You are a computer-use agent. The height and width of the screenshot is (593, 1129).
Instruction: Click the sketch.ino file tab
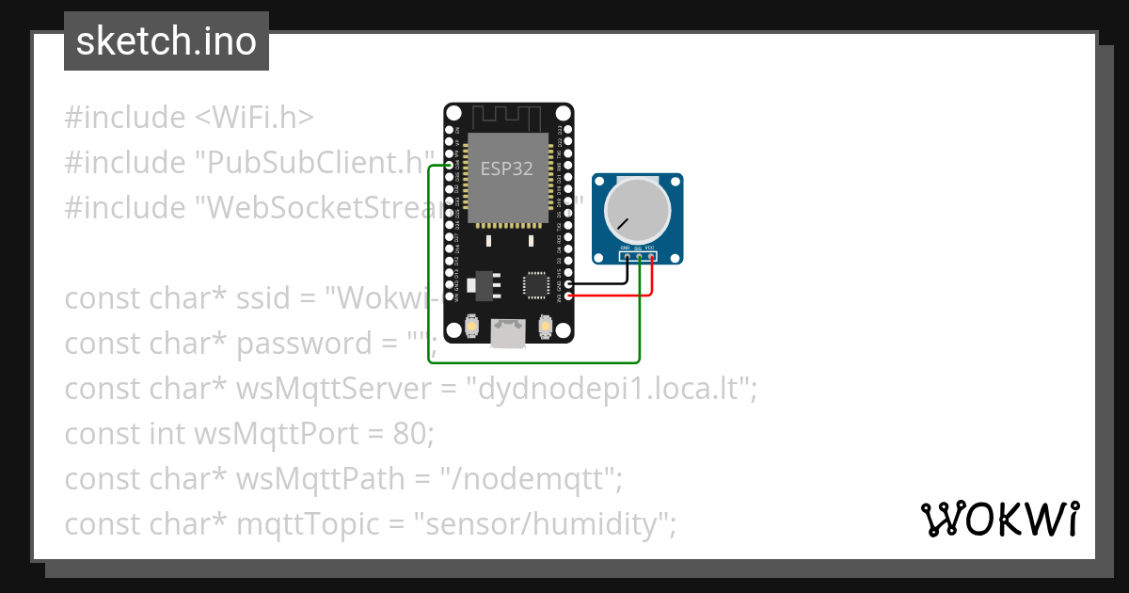167,41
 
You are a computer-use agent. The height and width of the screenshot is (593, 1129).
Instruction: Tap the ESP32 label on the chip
507,169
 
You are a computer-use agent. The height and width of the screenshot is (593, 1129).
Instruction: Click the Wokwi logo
999,519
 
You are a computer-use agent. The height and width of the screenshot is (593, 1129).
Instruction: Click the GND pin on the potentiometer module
626,257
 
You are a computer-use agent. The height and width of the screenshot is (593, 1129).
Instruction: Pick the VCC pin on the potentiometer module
650,257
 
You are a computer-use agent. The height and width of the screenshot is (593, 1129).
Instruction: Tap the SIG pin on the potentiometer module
638,257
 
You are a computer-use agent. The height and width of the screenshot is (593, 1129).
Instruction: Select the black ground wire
602,282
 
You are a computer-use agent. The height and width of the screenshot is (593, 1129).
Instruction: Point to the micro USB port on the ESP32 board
508,333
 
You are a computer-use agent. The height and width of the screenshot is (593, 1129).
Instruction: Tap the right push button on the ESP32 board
544,327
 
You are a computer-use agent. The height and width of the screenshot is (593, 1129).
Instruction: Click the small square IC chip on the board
534,283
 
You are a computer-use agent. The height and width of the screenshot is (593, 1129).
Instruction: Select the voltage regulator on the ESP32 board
486,282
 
